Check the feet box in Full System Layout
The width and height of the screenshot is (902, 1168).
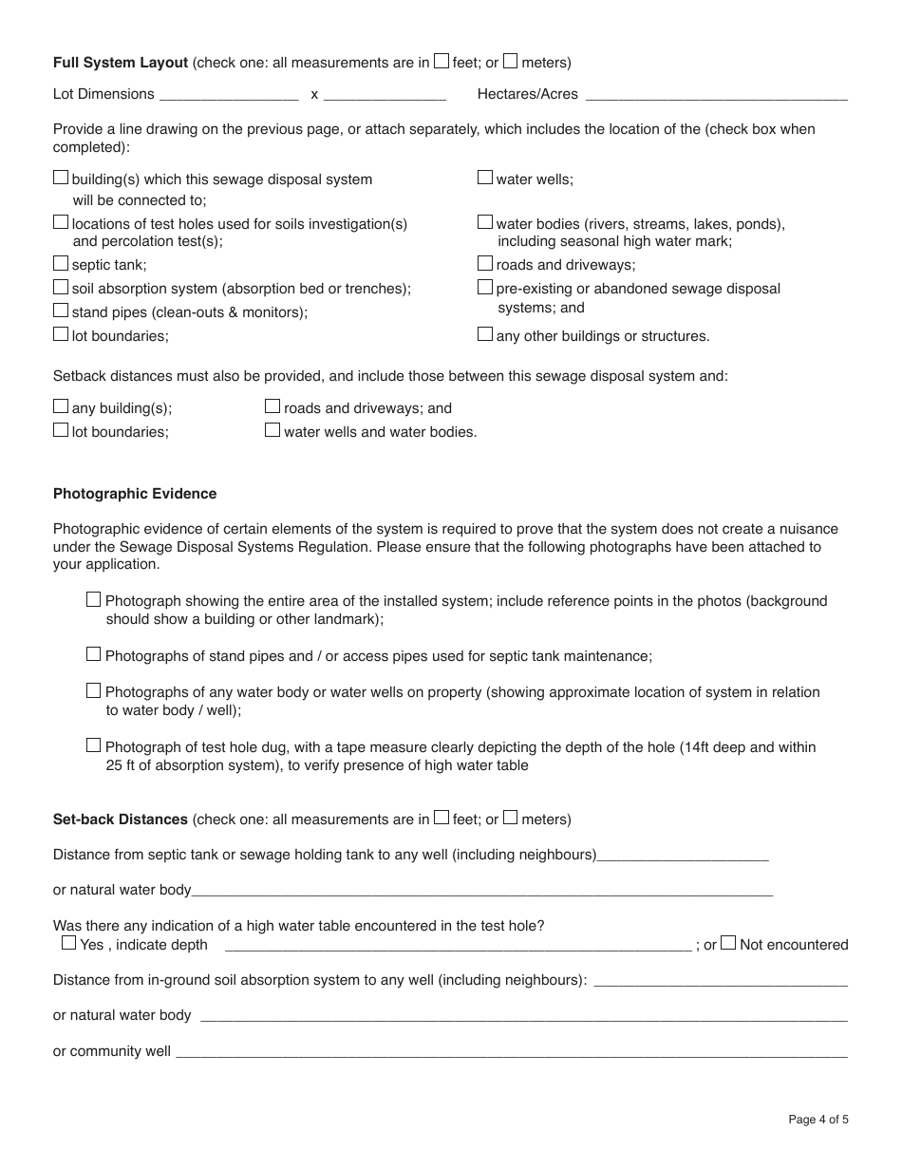click(442, 62)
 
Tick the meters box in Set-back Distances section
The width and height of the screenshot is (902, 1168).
click(511, 817)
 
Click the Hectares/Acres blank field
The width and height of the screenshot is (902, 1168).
click(716, 94)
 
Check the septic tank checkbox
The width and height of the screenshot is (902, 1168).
click(61, 264)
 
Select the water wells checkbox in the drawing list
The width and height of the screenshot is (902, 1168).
click(485, 178)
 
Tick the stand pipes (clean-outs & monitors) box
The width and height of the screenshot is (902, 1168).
click(61, 311)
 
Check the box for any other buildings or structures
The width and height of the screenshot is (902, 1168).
click(485, 334)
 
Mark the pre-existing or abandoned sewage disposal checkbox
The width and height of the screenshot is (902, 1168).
click(485, 287)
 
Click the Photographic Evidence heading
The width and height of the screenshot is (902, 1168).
click(135, 494)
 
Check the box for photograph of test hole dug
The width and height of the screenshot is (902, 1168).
click(93, 745)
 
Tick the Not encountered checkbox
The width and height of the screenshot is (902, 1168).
click(728, 943)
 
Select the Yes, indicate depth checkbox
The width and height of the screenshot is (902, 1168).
click(68, 943)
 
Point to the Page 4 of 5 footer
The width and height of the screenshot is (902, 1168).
click(818, 1120)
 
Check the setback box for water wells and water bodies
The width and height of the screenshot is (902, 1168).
click(272, 430)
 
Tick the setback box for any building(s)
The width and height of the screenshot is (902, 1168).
click(61, 406)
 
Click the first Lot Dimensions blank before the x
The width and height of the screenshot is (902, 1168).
click(229, 94)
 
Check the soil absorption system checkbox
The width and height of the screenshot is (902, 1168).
click(61, 287)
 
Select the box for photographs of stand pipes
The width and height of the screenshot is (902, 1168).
click(93, 654)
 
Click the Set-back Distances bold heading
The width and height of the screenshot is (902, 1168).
click(121, 819)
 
